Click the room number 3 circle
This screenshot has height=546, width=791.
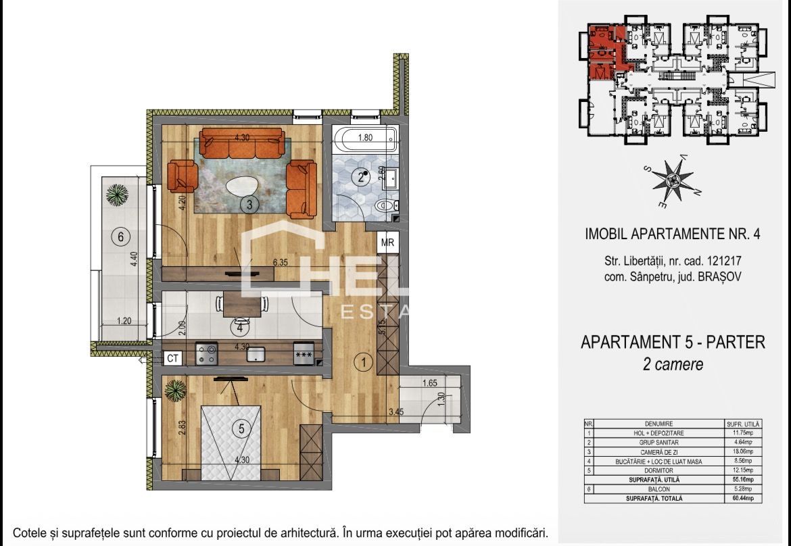point(249,205)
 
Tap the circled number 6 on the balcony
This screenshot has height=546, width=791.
point(120,237)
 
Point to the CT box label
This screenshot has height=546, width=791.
point(173,359)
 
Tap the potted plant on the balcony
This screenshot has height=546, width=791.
point(117,195)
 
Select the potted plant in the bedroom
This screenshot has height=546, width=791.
point(176,390)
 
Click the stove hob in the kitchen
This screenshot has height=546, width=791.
point(206,353)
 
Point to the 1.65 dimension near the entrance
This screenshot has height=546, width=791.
point(429,382)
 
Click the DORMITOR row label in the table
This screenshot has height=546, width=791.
point(654,470)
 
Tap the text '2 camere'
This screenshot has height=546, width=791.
point(673,364)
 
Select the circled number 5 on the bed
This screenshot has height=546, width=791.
point(239,428)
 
